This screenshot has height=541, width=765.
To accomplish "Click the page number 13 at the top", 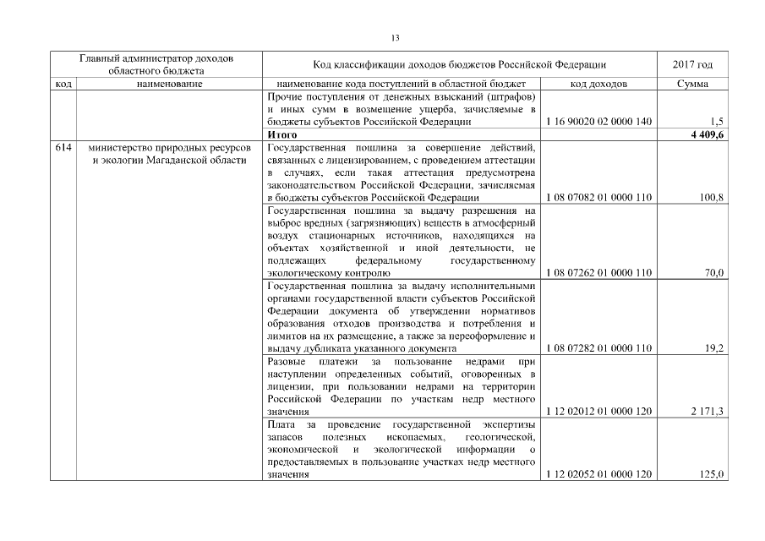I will (395, 38).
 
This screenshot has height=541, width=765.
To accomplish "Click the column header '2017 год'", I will (692, 65).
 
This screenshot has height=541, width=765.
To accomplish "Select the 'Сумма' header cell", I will (692, 85).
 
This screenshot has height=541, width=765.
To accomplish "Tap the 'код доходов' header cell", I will (598, 85).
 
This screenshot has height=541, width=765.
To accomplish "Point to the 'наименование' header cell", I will (169, 85).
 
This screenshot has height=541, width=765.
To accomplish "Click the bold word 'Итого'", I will (281, 134).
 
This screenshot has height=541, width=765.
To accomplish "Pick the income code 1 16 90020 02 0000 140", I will (599, 122).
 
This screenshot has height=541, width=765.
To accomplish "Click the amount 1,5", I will (717, 122).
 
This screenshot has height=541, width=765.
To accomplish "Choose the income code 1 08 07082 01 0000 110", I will (599, 197).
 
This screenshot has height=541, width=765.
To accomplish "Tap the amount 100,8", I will (712, 197).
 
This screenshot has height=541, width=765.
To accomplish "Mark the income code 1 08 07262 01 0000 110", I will (599, 273).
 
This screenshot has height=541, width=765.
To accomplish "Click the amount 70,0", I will (714, 273).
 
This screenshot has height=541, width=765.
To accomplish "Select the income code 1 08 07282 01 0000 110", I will (599, 348).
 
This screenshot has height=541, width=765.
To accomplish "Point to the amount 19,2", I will (714, 348).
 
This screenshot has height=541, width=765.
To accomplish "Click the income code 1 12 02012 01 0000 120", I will (599, 412).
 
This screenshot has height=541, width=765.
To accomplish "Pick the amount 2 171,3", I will (708, 412).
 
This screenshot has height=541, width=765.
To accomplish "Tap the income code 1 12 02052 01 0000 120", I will (599, 475).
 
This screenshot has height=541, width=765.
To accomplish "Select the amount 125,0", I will (712, 475).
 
